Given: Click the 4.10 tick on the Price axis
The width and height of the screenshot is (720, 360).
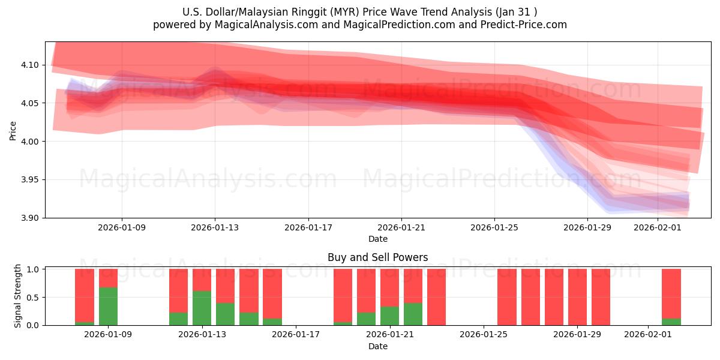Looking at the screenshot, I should click(x=31, y=65).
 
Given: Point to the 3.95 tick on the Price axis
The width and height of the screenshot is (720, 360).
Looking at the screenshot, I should click(x=31, y=180).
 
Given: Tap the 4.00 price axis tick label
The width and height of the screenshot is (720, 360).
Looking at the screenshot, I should click(x=31, y=142).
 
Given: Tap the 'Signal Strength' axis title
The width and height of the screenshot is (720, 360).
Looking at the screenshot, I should click(x=18, y=296).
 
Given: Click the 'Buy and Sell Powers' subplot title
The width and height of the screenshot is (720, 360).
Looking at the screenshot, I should click(x=377, y=257).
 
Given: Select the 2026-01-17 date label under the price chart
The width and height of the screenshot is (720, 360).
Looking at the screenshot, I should click(x=308, y=228).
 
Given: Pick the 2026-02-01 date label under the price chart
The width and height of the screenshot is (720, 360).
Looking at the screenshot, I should click(x=658, y=228).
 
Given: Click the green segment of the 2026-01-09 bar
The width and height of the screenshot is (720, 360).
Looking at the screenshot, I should click(x=108, y=306).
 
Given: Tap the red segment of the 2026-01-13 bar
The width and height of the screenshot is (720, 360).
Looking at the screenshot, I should click(x=202, y=280).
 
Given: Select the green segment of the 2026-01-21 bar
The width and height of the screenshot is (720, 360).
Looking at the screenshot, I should click(x=390, y=316).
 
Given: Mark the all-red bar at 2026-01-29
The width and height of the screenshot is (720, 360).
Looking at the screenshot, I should click(x=577, y=297).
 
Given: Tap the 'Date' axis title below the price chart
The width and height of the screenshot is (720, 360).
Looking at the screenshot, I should click(x=377, y=239).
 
